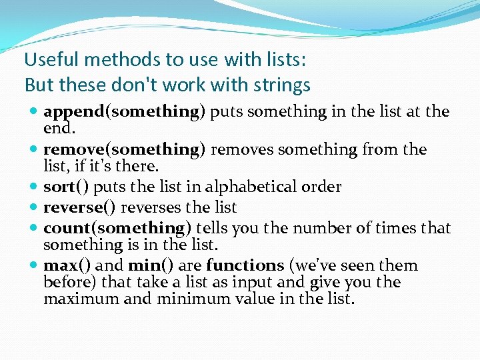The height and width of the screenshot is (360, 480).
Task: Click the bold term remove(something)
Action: [124, 149]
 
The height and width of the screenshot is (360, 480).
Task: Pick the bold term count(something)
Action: [114, 228]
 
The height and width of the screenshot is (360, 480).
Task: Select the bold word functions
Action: [245, 265]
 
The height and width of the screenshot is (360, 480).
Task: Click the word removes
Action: [242, 149]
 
